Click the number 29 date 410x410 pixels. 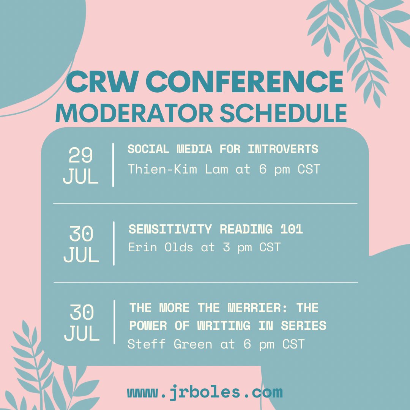[x=80, y=156]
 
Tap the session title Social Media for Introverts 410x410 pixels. [x=223, y=149]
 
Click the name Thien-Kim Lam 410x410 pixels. [x=178, y=169]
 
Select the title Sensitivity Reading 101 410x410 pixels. [x=216, y=229]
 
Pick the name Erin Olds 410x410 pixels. [x=159, y=248]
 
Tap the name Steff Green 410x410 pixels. [x=170, y=344]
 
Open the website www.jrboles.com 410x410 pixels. [x=205, y=392]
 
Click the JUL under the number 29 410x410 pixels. [x=80, y=177]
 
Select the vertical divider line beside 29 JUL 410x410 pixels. [x=113, y=165]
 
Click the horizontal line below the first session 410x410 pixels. [x=205, y=204]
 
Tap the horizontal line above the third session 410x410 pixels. [x=205, y=282]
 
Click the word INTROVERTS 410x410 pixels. [x=283, y=149]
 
